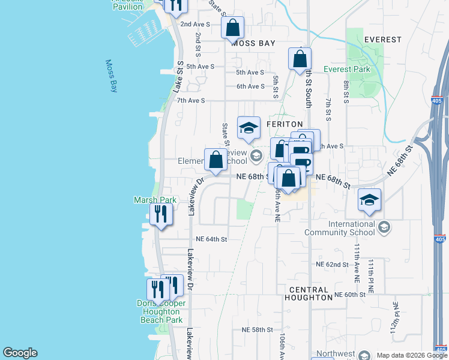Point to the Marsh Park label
tap(151, 200)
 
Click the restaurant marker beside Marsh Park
tap(161, 215)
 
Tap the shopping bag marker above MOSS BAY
tap(232, 28)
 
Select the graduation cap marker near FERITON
tap(249, 127)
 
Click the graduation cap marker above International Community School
tap(369, 200)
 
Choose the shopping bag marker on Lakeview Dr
tap(215, 160)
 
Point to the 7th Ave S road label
tap(191, 100)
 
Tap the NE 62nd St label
tap(332, 264)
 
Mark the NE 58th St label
tap(258, 330)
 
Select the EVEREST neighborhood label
tap(382, 40)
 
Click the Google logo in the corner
tap(20, 353)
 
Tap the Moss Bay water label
tap(112, 76)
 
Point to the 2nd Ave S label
tap(195, 25)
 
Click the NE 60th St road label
tap(350, 295)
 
